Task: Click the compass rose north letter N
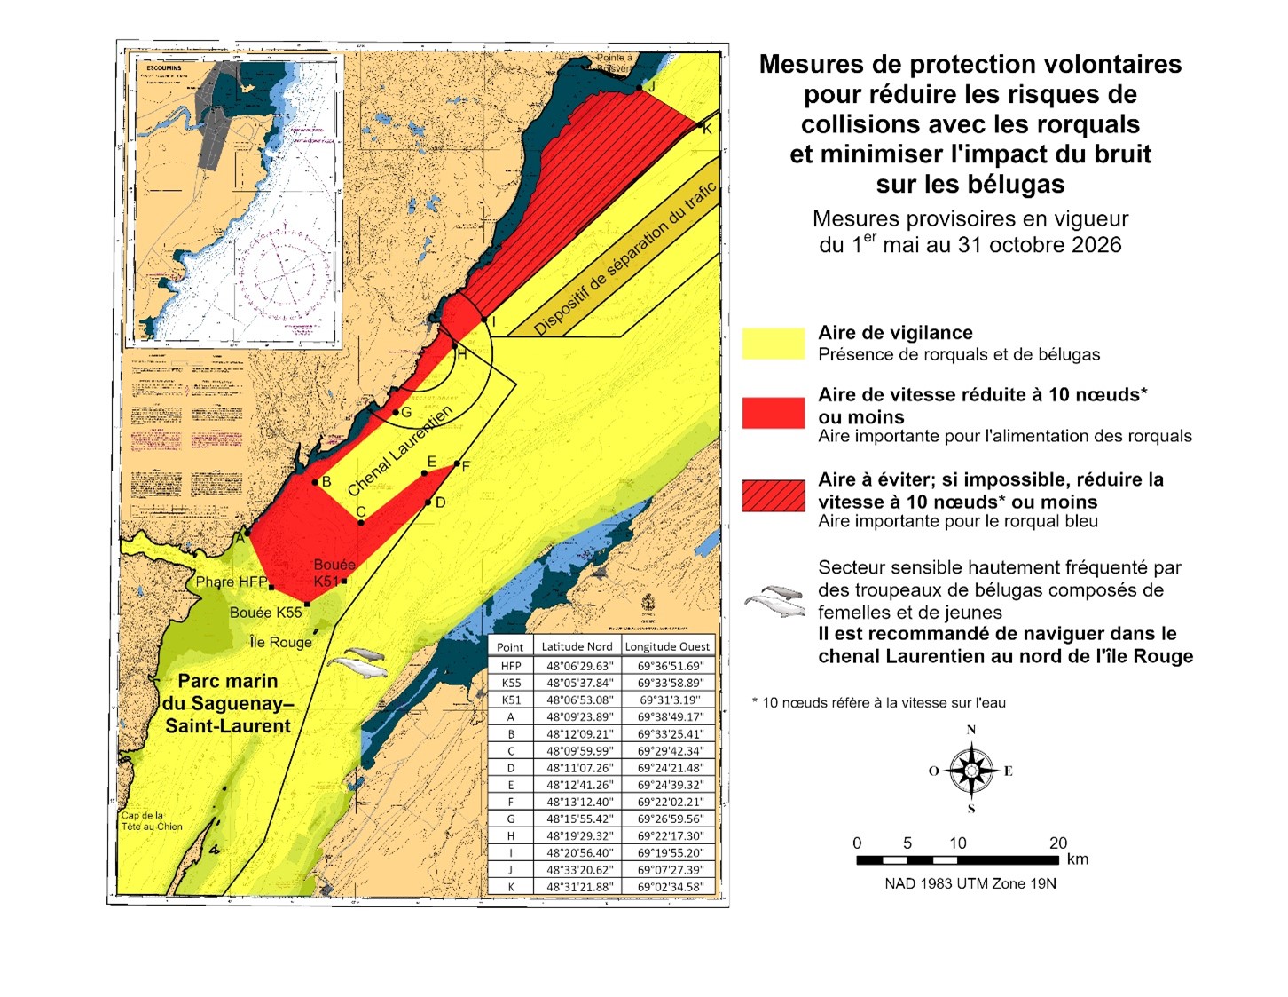coord(971,730)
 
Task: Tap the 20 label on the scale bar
coord(1058,843)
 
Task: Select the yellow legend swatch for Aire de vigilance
coord(774,344)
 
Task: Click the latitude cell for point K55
coord(578,683)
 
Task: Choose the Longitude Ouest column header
coord(667,646)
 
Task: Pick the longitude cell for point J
coord(670,870)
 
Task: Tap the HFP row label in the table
coord(511,666)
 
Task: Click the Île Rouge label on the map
coord(280,642)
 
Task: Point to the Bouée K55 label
coord(265,613)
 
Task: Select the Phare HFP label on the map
coord(231,582)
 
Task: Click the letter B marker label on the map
coord(326,482)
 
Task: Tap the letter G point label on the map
coord(406,412)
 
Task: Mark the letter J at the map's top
coord(651,86)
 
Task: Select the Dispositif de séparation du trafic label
coord(625,258)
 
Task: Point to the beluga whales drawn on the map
coord(357,661)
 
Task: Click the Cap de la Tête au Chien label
coord(152,821)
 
